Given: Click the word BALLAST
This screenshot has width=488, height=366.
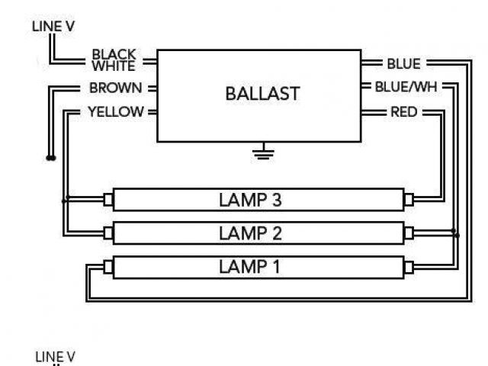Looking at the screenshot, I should [x=262, y=94].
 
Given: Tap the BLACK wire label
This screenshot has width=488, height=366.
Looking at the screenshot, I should [x=114, y=55].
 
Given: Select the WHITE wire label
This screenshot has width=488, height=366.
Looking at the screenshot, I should [x=114, y=66].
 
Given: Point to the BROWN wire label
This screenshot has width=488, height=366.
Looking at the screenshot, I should [x=115, y=88].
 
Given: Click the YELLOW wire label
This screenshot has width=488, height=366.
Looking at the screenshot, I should [x=115, y=112].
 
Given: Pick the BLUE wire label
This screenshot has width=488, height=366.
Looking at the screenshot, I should [x=403, y=63].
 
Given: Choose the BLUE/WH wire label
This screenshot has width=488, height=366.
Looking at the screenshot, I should [x=408, y=87].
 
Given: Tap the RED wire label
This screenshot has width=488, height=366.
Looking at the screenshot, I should [x=403, y=112].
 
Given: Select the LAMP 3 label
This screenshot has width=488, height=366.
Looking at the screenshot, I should [x=251, y=200].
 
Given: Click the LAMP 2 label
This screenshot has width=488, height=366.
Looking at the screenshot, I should [x=251, y=233].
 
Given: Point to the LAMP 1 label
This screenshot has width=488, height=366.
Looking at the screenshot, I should [x=251, y=266].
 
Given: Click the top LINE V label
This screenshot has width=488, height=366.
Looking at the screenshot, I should [x=53, y=26].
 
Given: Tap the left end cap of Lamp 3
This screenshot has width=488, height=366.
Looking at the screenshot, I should [x=108, y=200].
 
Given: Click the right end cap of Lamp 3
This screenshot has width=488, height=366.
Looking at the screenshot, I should [x=409, y=200].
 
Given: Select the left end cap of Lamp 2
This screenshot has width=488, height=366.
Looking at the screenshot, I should [x=108, y=233].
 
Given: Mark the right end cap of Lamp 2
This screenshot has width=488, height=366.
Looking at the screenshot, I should [x=409, y=233].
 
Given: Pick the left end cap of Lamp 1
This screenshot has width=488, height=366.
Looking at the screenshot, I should [x=108, y=266].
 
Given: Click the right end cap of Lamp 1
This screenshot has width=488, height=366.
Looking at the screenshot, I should [x=409, y=266].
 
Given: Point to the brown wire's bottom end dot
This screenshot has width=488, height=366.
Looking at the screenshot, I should [x=50, y=159].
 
